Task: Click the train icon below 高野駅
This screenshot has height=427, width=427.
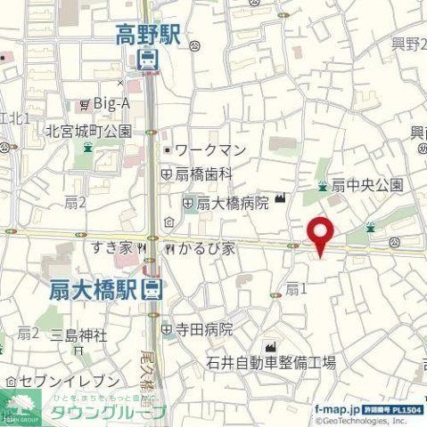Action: click(x=147, y=60)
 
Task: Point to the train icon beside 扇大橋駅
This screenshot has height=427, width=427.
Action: click(x=153, y=288)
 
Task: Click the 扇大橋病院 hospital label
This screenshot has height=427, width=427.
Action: click(x=231, y=203)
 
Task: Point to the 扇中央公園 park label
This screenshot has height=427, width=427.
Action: click(x=367, y=185)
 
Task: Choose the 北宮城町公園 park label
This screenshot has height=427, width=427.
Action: click(x=89, y=132)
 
